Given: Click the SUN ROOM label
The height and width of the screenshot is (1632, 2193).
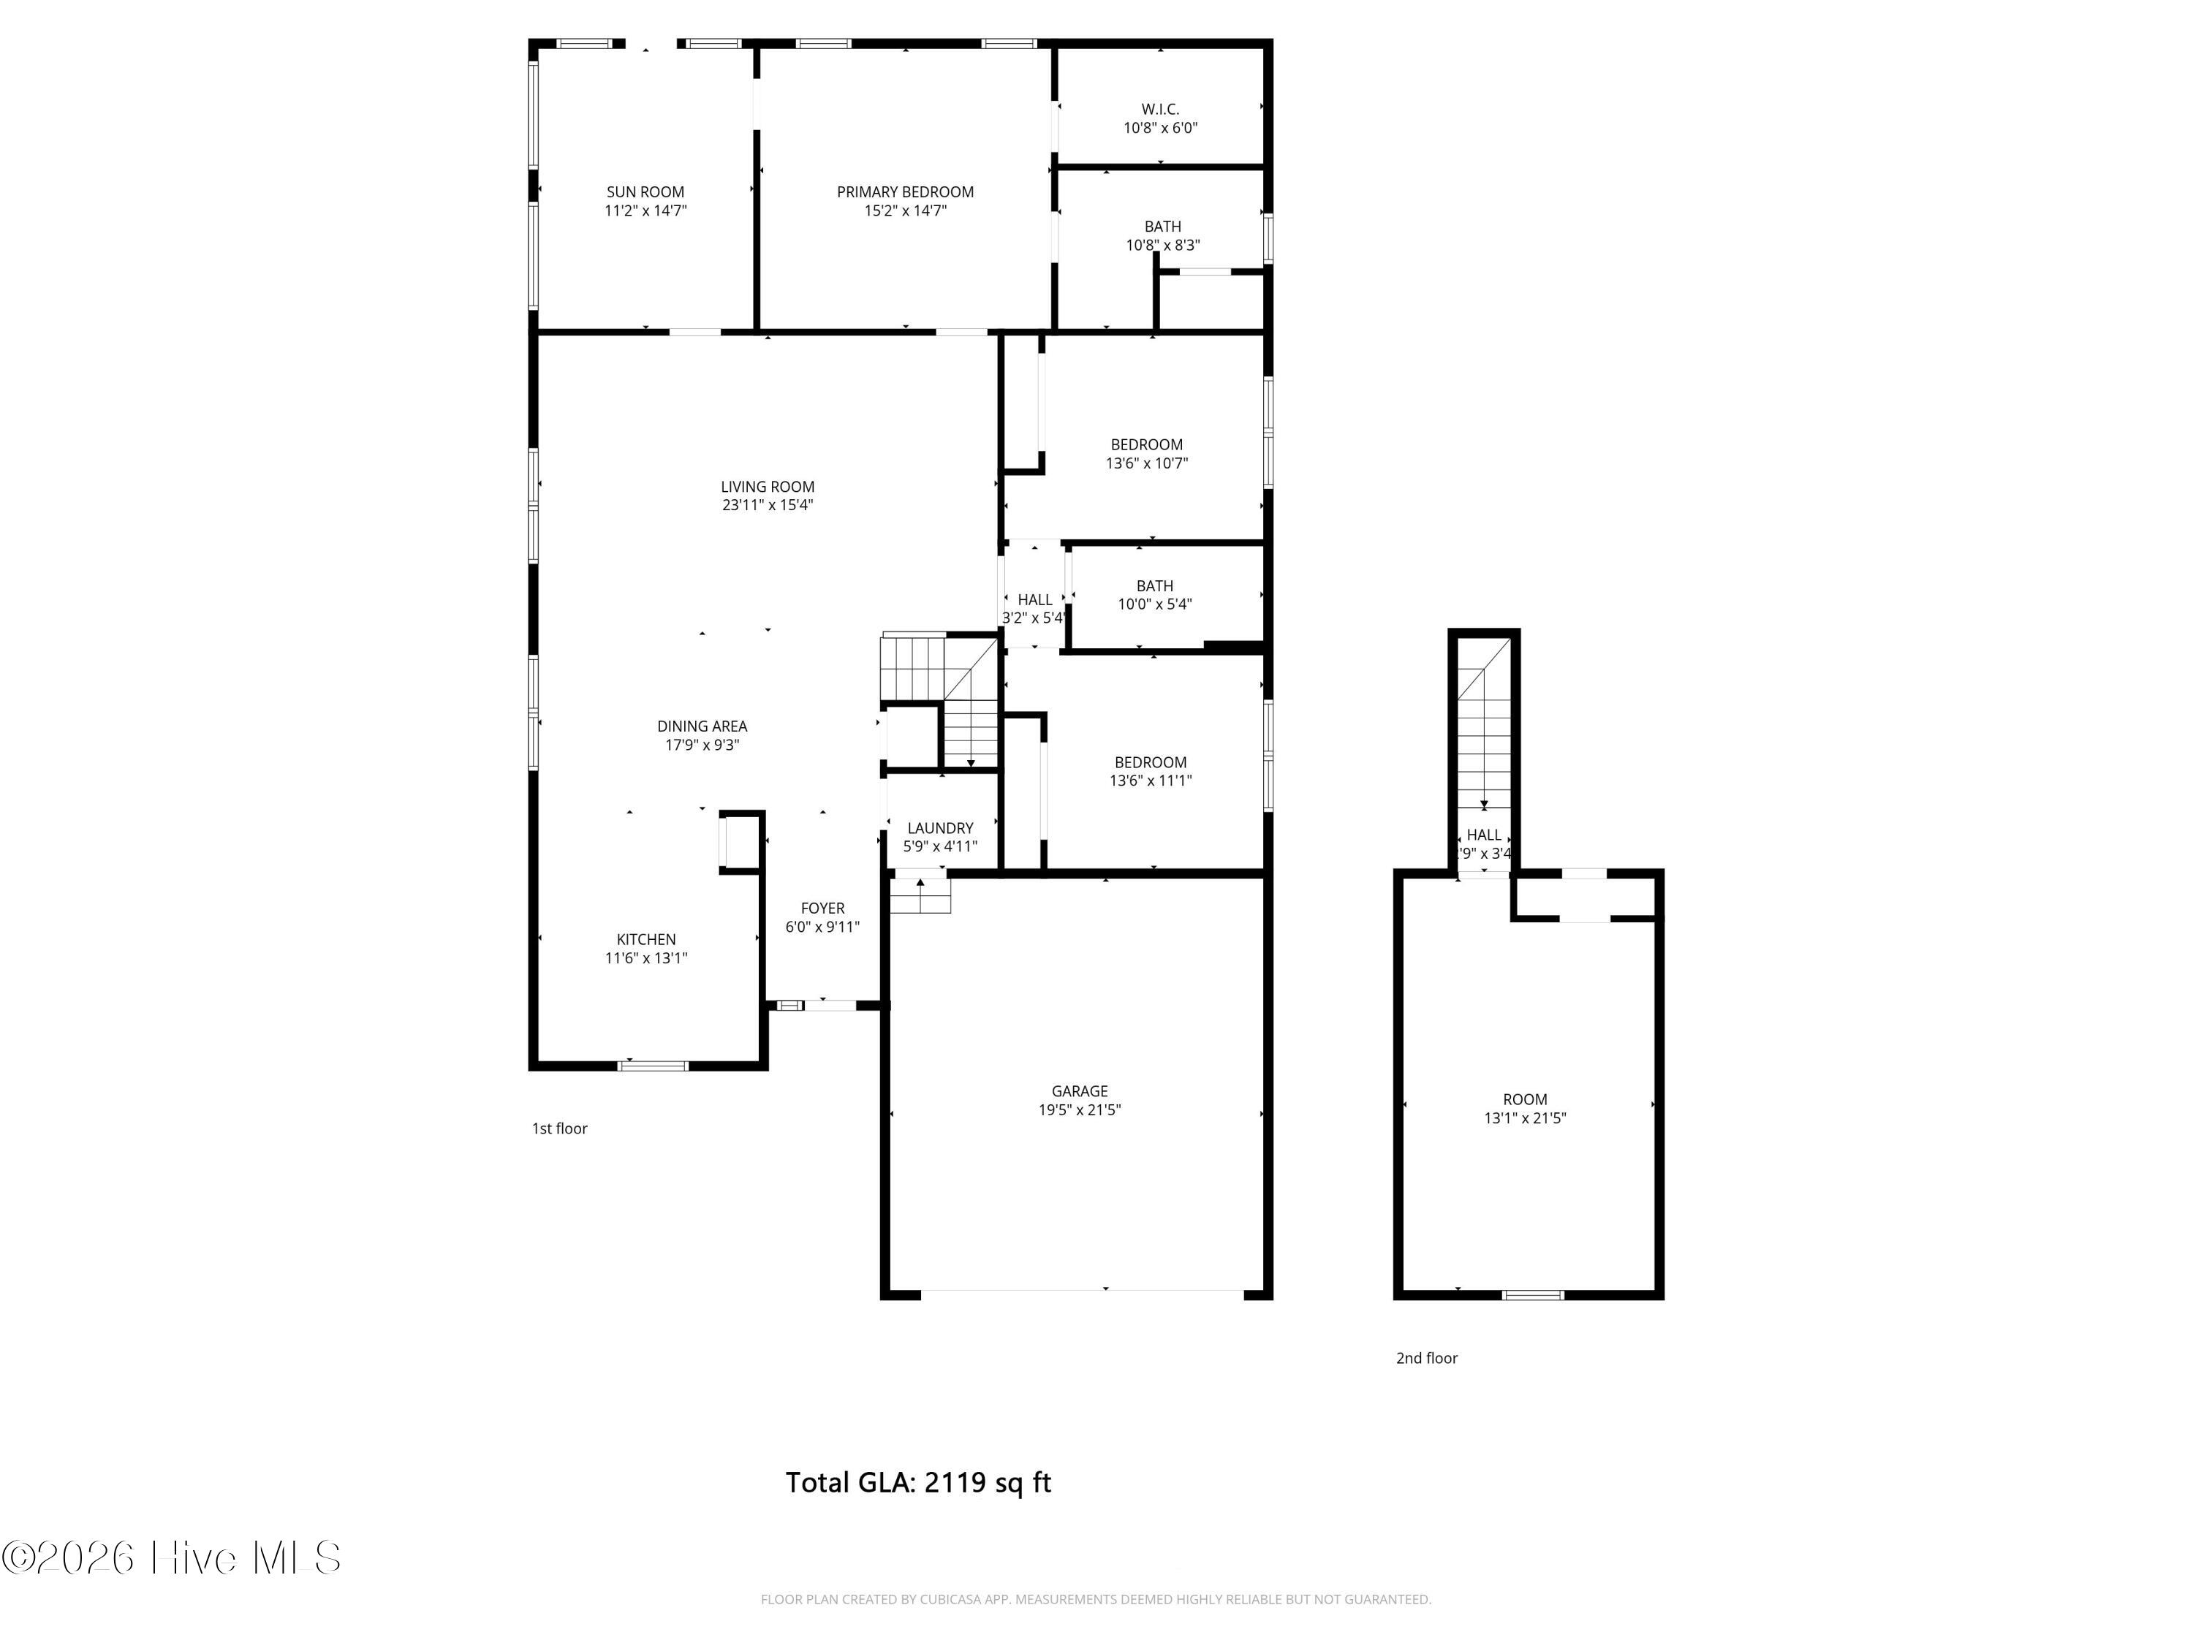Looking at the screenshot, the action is click(645, 191).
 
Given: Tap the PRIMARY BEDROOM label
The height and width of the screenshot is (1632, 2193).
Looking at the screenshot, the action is click(905, 191).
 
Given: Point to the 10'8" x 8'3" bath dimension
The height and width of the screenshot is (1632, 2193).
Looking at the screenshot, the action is click(1163, 245).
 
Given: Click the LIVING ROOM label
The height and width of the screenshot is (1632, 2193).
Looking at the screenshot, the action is click(768, 486).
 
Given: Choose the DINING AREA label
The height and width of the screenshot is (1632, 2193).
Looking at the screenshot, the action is click(702, 726).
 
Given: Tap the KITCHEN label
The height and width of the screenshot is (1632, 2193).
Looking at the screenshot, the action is click(646, 939).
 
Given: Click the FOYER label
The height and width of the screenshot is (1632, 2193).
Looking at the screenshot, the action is click(823, 908).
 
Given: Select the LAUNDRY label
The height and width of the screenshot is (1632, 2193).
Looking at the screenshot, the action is click(940, 828).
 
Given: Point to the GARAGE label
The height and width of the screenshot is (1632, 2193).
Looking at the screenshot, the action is click(1080, 1090).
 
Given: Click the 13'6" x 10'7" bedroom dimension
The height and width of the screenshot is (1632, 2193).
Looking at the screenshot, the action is click(1147, 463).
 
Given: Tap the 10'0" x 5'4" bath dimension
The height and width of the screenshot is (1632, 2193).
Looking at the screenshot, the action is click(1155, 604).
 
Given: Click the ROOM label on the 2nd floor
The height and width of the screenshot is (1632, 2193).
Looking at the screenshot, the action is click(1525, 1099).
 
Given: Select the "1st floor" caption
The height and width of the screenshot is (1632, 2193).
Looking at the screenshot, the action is click(560, 1128).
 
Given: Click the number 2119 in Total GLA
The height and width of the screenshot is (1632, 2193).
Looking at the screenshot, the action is click(955, 1482).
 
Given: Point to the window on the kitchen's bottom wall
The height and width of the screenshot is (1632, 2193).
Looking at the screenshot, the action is click(653, 1065).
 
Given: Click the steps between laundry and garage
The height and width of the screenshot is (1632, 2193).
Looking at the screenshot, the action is click(920, 895).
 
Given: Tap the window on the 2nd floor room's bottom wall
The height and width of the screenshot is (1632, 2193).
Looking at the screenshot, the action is click(1533, 1294).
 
